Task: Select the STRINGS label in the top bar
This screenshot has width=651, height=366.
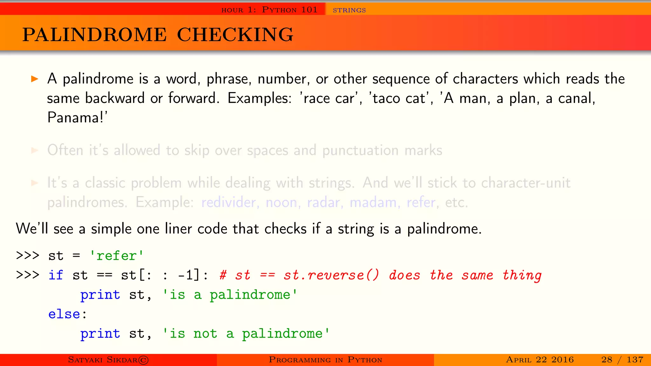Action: coord(349,10)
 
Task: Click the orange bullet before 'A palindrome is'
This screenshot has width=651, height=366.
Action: coord(35,79)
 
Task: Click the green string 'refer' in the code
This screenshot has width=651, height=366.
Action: coord(116,256)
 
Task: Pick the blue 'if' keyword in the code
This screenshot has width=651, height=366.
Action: coord(56,275)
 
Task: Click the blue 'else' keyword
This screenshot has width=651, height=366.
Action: coord(64,314)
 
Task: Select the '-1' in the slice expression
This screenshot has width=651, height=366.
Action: coord(186,275)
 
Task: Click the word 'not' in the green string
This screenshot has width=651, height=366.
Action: coord(205,334)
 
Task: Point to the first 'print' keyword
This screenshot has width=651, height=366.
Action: coord(100,295)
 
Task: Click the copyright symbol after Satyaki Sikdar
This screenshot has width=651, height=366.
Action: coord(143,360)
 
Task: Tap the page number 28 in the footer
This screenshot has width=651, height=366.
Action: coord(606,360)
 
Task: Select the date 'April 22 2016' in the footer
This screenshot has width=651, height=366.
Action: coord(540,360)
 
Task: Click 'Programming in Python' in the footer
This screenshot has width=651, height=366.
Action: coord(325,360)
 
